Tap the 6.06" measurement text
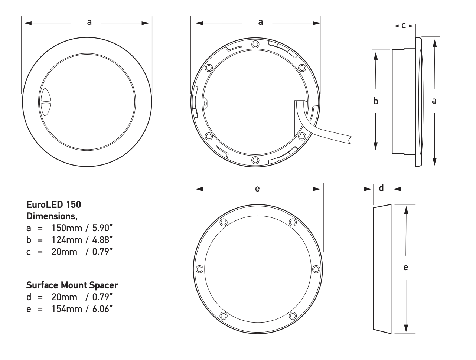pyautogui.click(x=102, y=309)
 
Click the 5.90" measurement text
pyautogui.click(x=102, y=228)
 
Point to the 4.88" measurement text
pyautogui.click(x=102, y=240)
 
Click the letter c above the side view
pyautogui.click(x=403, y=26)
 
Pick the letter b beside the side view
pyautogui.click(x=376, y=101)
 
